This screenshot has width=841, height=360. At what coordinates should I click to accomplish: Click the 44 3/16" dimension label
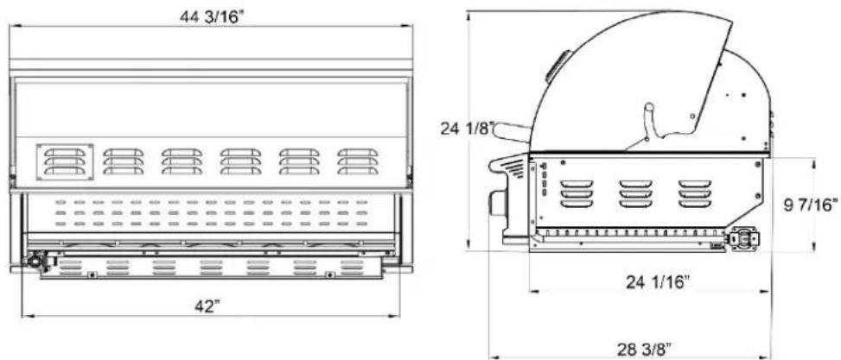click(211, 17)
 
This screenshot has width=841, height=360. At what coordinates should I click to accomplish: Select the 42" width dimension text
click(207, 307)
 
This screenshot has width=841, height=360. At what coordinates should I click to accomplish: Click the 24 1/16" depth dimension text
click(657, 281)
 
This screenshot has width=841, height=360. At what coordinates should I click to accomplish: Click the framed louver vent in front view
click(65, 161)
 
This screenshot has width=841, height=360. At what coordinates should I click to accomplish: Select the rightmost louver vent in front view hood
click(358, 161)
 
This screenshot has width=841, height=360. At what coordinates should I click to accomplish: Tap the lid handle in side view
click(511, 132)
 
